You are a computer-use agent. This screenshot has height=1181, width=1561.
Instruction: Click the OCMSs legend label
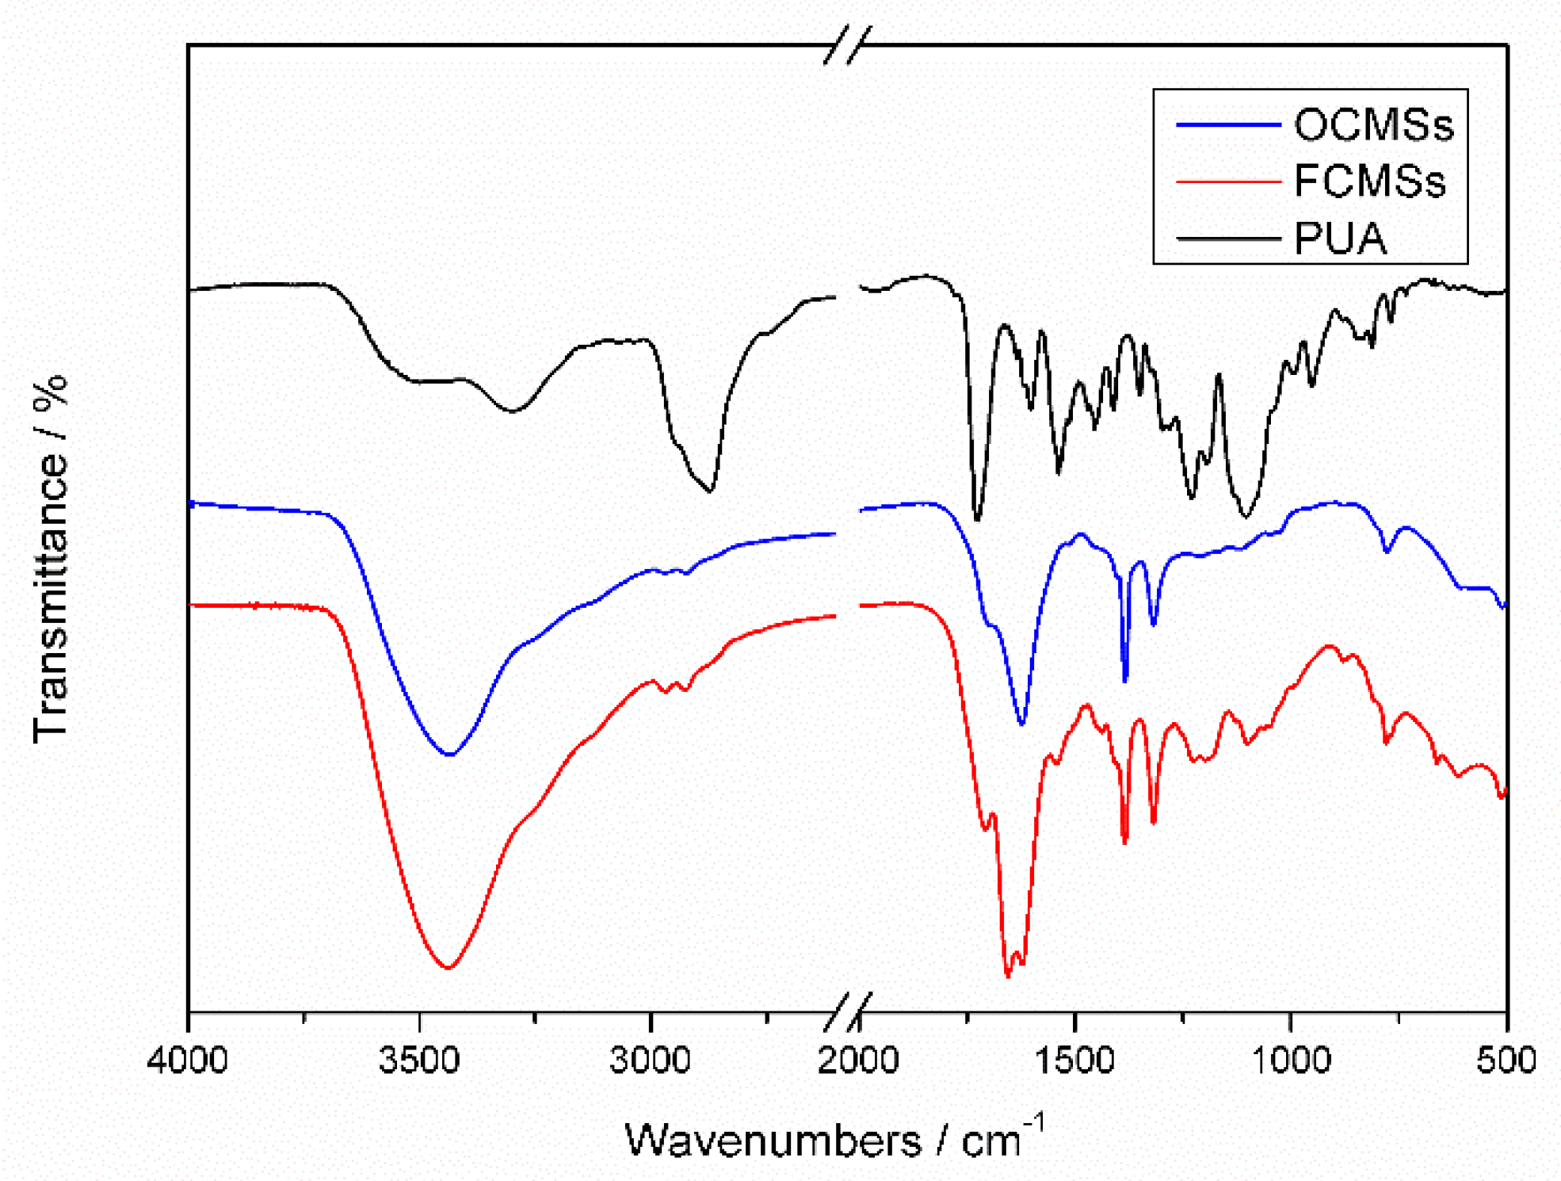click(1373, 124)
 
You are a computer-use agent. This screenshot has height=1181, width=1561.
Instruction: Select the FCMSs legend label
click(1369, 181)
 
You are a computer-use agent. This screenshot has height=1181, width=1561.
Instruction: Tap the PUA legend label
click(1340, 238)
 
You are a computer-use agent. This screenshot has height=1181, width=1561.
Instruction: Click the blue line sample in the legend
click(1227, 124)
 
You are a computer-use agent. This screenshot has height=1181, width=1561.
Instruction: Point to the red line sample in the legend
click(1227, 182)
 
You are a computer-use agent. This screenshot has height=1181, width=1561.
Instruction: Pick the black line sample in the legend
click(1227, 238)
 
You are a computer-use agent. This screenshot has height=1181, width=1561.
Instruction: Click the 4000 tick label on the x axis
click(188, 1060)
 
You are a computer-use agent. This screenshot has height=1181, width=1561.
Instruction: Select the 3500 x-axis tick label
click(419, 1060)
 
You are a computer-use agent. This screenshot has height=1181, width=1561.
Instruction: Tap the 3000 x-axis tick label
click(650, 1060)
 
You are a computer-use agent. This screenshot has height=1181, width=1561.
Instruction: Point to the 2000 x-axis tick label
click(858, 1060)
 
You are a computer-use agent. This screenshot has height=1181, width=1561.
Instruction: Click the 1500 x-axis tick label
click(1074, 1060)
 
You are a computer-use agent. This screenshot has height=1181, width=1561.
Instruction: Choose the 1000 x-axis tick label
click(1290, 1060)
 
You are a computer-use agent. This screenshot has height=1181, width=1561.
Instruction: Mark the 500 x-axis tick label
click(1506, 1060)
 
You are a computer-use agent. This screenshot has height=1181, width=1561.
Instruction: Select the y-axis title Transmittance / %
click(51, 559)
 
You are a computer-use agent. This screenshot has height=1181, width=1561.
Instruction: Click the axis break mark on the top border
click(847, 44)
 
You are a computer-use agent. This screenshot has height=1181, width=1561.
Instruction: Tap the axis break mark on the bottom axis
click(847, 1011)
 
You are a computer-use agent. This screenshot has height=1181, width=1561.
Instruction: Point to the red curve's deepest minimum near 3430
click(448, 967)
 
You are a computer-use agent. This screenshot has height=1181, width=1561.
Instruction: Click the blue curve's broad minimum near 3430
click(449, 754)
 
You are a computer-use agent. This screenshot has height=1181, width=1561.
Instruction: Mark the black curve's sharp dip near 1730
click(977, 519)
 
